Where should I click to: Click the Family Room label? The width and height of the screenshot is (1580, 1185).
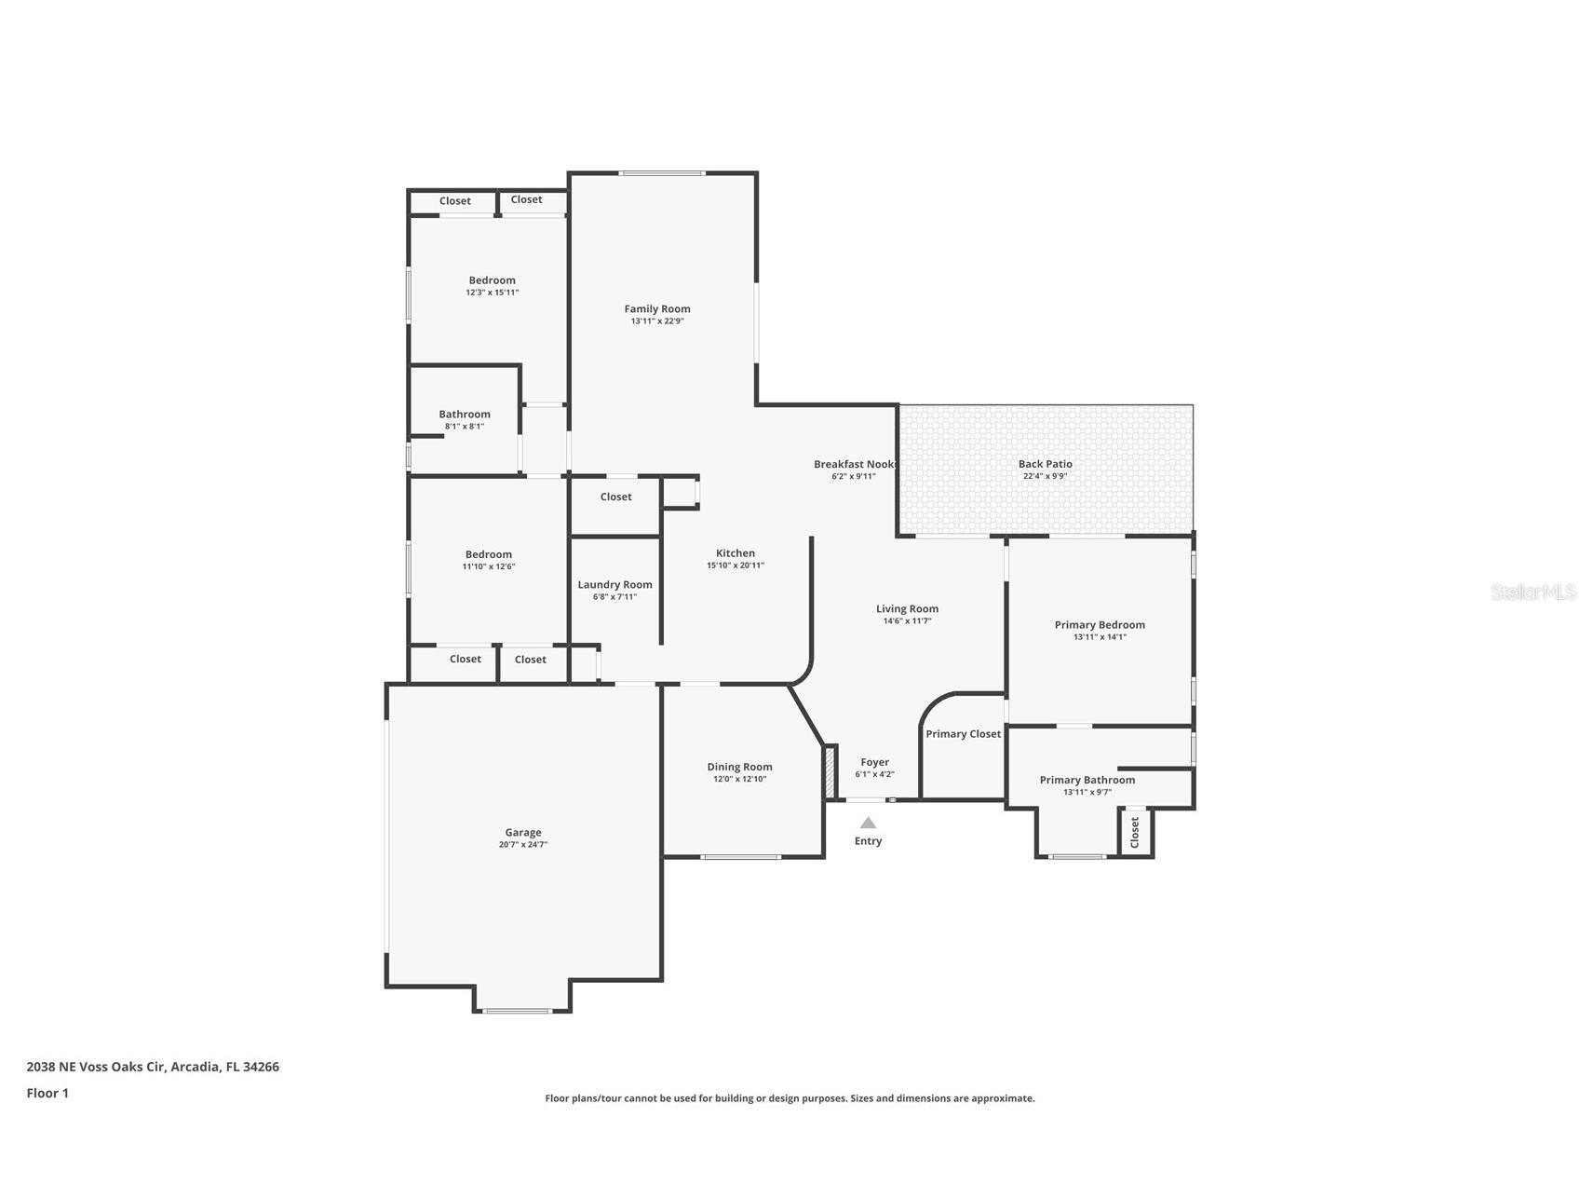657,309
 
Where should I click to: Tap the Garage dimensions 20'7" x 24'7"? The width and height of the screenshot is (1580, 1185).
523,845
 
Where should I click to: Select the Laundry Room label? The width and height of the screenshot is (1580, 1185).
614,585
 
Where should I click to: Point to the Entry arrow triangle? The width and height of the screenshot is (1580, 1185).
868,823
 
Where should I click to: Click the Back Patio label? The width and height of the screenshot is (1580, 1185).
1045,464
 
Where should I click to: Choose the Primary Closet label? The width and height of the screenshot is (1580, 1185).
963,734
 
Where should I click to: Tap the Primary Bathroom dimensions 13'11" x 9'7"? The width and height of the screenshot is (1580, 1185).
1087,793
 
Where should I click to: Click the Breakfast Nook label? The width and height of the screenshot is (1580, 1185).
854,464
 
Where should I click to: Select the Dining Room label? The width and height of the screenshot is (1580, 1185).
739,768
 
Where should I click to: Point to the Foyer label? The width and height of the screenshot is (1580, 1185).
874,762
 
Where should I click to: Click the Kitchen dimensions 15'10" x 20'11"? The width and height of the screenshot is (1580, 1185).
736,565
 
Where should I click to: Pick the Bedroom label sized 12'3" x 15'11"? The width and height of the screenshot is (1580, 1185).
492,280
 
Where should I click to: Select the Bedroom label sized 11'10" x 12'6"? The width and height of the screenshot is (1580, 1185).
489,554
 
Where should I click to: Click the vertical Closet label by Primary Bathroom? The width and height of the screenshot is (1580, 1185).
1134,832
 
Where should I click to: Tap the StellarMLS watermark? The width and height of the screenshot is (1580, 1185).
1533,592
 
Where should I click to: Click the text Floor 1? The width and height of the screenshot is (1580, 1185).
47,1094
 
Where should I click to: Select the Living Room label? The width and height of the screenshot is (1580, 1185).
907,609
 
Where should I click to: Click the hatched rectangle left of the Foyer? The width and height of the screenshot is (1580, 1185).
829,772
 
